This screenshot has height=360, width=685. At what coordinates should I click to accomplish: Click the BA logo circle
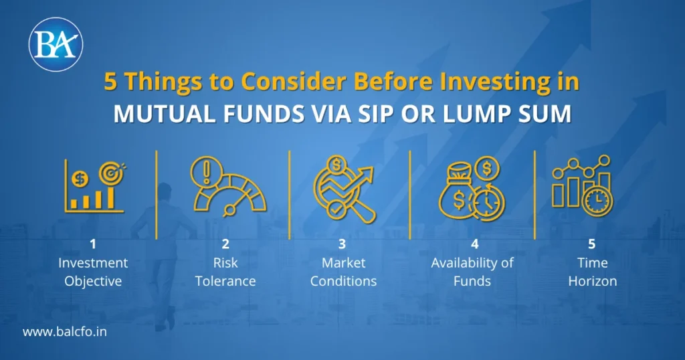click(x=56, y=44)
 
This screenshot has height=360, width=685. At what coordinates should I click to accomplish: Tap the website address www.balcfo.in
click(x=65, y=332)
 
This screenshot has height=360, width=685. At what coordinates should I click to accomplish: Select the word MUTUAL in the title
click(x=165, y=114)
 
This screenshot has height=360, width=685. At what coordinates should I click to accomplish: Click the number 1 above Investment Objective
click(x=92, y=244)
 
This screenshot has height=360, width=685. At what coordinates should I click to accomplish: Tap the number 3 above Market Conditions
click(x=342, y=244)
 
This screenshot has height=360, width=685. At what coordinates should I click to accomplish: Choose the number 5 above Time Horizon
click(x=591, y=244)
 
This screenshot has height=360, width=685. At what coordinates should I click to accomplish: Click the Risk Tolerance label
click(x=225, y=272)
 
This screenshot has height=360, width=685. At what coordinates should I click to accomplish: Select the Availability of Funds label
click(x=472, y=272)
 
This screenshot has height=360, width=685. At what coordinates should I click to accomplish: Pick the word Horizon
click(x=593, y=281)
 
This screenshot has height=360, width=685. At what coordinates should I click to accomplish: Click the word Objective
click(x=93, y=281)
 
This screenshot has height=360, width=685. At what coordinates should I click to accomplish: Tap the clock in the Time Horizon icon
click(x=597, y=201)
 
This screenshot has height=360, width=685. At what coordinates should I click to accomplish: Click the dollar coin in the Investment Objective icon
click(x=80, y=179)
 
